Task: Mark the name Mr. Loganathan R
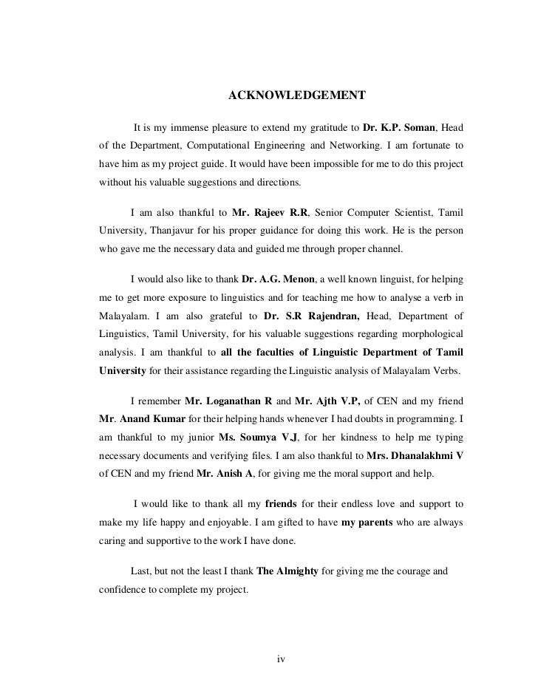pos(228,401)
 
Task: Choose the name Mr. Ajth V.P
pos(327,401)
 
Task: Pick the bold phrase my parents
pos(372,522)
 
